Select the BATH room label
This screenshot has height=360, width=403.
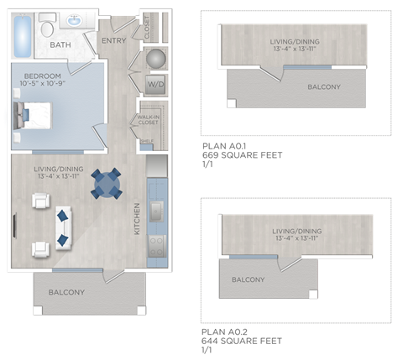pos(60,45)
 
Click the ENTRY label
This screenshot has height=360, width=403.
pos(113,40)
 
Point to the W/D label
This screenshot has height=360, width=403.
pos(155,86)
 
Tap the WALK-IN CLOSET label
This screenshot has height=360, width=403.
pos(148,120)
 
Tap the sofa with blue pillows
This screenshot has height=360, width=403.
pos(61,227)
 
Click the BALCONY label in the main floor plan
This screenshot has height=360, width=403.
pos(66,293)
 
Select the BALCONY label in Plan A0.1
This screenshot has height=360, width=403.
pos(323,87)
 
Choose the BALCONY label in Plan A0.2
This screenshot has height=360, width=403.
pos(248,279)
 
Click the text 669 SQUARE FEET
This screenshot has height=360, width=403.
pos(242,155)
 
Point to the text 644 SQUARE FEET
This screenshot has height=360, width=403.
pos(242,341)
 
